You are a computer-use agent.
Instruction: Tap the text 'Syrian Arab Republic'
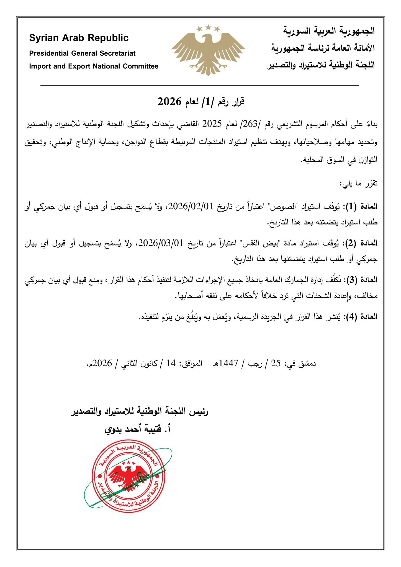click(79, 38)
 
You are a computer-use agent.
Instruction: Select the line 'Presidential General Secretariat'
click(82, 53)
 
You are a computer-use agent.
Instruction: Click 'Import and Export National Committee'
click(94, 66)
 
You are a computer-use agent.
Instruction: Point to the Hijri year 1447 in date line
click(228, 363)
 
